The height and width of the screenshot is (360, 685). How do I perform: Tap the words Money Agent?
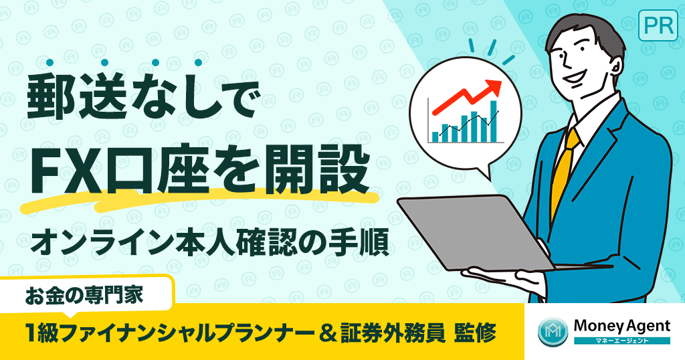[621, 326]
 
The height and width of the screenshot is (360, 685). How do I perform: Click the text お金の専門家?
[90, 295]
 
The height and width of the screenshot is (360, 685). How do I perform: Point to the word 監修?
[476, 333]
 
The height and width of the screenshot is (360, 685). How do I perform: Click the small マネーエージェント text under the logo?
[621, 341]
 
